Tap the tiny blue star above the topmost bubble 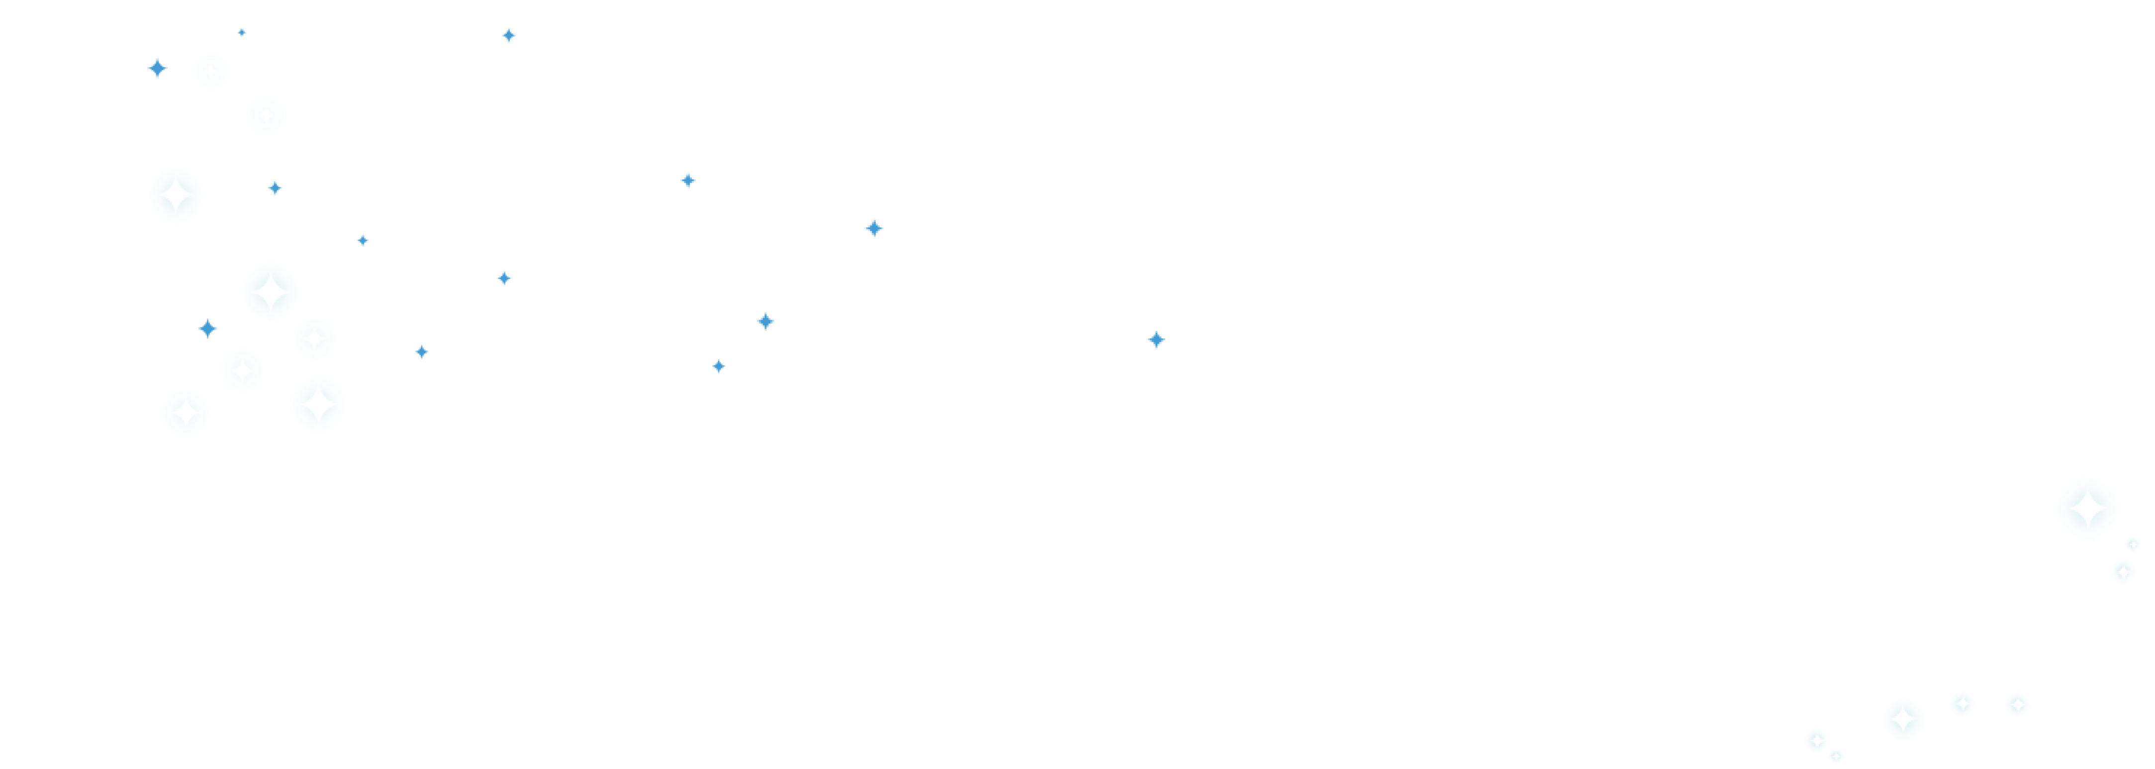242,33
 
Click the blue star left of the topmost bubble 157,68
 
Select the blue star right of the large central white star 873,228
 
